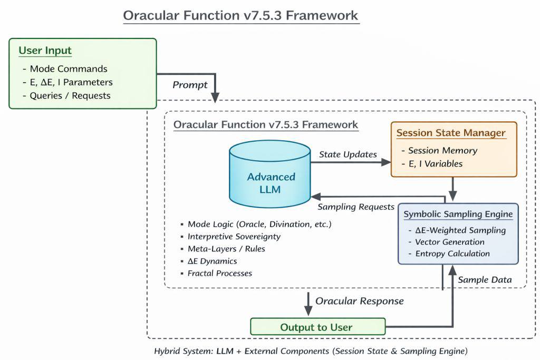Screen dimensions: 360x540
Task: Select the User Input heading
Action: coord(45,51)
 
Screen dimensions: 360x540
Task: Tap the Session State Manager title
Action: coord(451,133)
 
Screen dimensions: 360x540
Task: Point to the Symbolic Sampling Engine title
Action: coord(458,215)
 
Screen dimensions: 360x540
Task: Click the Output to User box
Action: coord(317,327)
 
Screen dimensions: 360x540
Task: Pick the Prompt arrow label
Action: coord(190,85)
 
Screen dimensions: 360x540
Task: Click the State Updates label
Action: coord(348,154)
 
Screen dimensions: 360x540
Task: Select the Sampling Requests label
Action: coord(356,207)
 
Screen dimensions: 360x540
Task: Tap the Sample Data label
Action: coord(485,280)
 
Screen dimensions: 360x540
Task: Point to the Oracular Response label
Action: coord(359,301)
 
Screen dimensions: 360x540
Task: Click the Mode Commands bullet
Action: coord(69,69)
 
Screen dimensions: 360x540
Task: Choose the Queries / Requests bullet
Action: coord(70,95)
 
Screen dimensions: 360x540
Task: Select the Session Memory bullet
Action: coord(442,150)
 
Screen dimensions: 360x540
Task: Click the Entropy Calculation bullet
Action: coord(452,254)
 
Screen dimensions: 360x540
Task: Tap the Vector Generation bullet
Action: coord(450,242)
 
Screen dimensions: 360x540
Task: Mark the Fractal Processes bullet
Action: coord(220,273)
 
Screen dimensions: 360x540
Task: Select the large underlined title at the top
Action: coord(240,16)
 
